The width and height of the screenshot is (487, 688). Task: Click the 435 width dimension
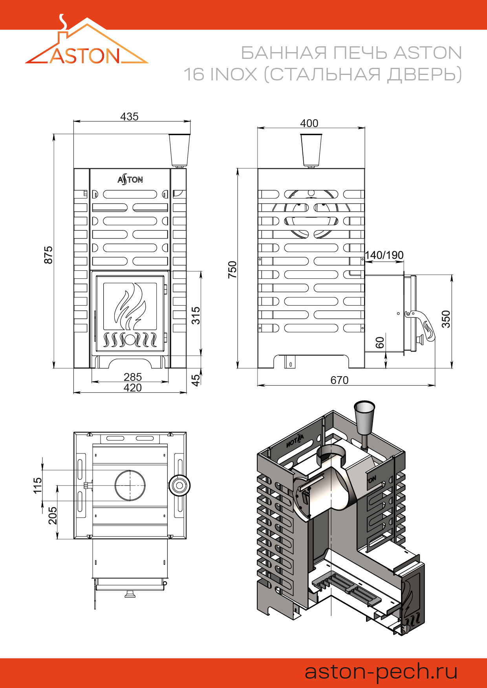(129, 116)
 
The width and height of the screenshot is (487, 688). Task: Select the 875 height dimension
(48, 255)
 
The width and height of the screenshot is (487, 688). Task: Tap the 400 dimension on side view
(309, 123)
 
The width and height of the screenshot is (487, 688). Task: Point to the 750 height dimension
(233, 269)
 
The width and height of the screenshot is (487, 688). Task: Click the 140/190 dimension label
(384, 255)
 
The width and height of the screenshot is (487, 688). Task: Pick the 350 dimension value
(446, 319)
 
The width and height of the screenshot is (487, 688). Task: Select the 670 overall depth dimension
(339, 380)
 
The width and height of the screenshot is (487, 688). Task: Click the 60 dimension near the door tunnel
(380, 342)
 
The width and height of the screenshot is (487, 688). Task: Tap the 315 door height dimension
(196, 315)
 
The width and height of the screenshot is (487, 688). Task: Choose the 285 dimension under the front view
(133, 377)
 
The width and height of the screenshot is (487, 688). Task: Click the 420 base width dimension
(133, 388)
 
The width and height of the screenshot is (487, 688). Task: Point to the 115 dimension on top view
(37, 485)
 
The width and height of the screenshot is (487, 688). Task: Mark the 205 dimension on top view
(53, 515)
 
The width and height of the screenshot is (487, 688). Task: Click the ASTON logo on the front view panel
(130, 180)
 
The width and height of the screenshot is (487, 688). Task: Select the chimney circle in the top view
(130, 485)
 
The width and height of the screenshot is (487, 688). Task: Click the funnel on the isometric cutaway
(364, 417)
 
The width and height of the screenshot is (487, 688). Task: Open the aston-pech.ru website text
(381, 671)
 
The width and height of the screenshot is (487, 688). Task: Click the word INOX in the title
(233, 74)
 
